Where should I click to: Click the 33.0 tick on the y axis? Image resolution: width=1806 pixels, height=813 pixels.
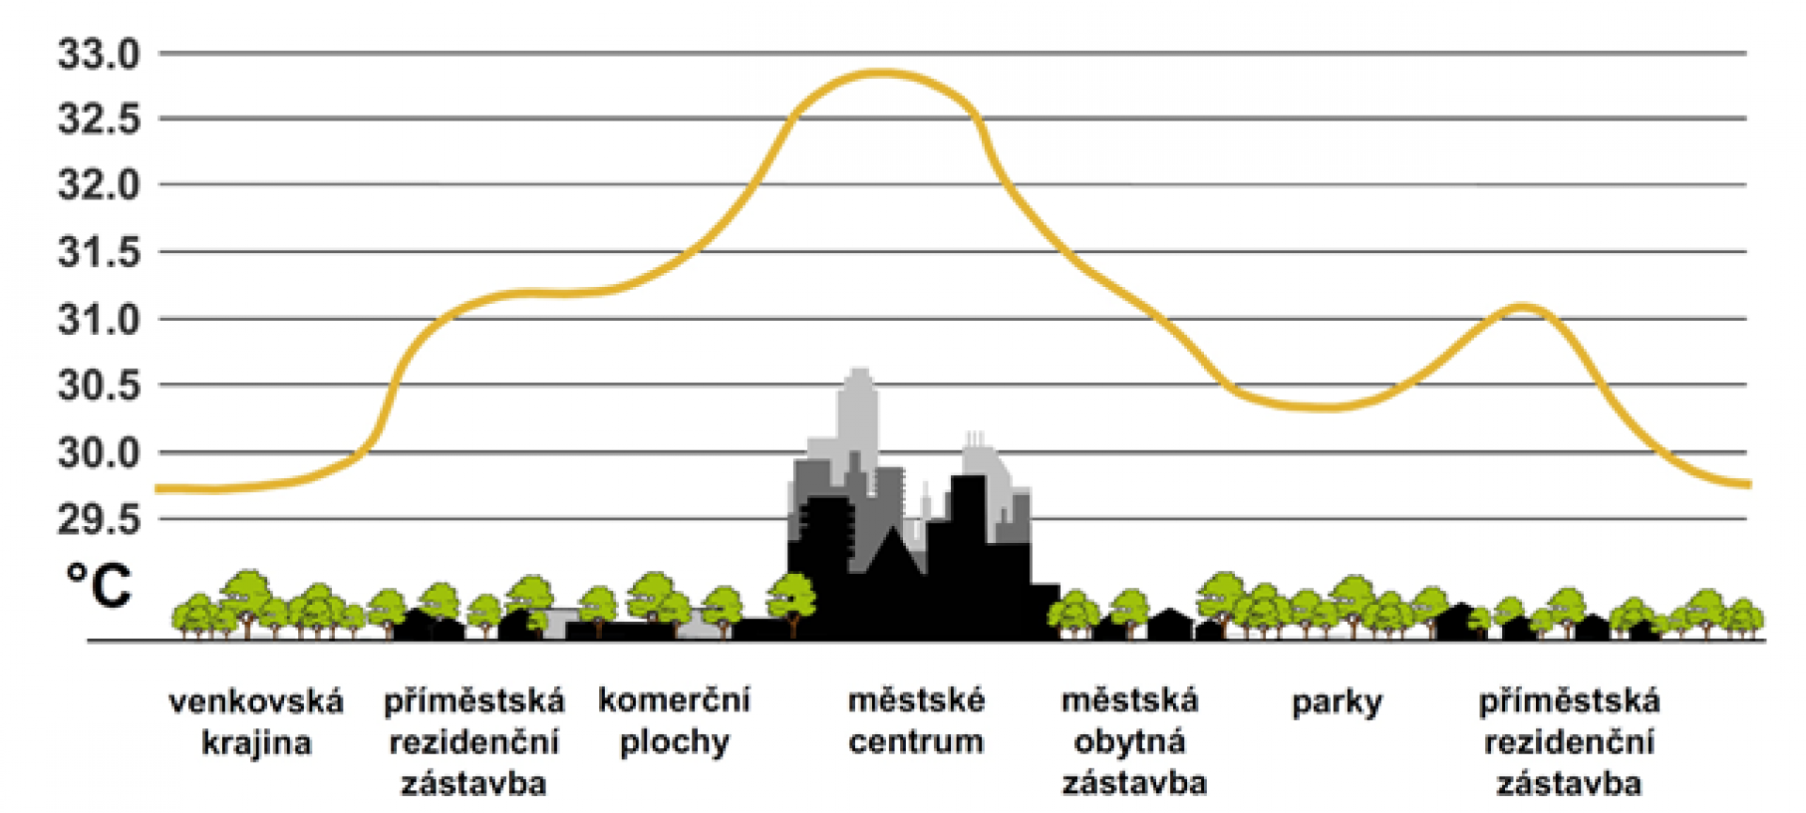[x=99, y=55]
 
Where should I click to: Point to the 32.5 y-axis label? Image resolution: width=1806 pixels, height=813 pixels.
[x=99, y=120]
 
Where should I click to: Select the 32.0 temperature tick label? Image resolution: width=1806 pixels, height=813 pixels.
[x=99, y=184]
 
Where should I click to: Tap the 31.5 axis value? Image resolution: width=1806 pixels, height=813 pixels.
[x=99, y=252]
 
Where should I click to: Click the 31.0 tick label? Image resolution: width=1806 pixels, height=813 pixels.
[x=99, y=320]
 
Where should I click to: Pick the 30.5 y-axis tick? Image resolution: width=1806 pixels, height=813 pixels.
[x=99, y=386]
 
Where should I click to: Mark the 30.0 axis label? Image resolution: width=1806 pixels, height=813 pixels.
[x=99, y=454]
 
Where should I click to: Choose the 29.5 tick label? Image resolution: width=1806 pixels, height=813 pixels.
[x=99, y=519]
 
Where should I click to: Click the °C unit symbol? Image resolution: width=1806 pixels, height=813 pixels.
[x=99, y=585]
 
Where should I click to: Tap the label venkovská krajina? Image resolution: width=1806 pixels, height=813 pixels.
[x=256, y=723]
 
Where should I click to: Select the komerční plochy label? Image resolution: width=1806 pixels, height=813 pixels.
[x=674, y=721]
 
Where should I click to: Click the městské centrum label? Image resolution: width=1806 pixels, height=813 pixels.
[x=916, y=721]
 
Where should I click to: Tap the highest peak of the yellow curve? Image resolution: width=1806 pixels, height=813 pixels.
[x=879, y=72]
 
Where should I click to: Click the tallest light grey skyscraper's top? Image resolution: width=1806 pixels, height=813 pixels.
[x=859, y=373]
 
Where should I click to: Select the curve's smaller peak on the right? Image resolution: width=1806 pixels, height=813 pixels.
[x=1524, y=307]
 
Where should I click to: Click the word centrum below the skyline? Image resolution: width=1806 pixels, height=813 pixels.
[x=916, y=741]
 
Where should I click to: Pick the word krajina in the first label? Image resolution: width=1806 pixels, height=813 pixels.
[x=256, y=743]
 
